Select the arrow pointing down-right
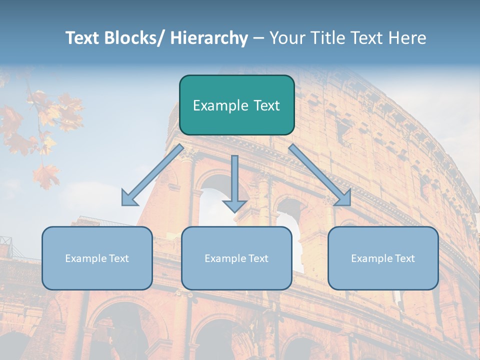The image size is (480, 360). pos(320,175)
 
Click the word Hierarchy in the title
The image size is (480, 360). pos(209,38)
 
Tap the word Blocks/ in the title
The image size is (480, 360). pos(133,38)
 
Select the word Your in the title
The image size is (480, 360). pos(286,38)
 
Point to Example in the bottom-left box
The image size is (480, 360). pos(85,258)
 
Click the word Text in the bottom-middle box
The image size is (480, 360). pos(256,258)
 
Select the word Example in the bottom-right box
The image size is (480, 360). pos(371,258)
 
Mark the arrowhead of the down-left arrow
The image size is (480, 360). pos(129,198)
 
